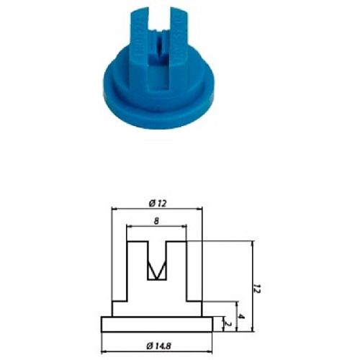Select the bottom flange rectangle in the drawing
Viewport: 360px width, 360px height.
(156, 325)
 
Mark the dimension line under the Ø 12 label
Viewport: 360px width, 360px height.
(156, 208)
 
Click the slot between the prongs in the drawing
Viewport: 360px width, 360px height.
(156, 252)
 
